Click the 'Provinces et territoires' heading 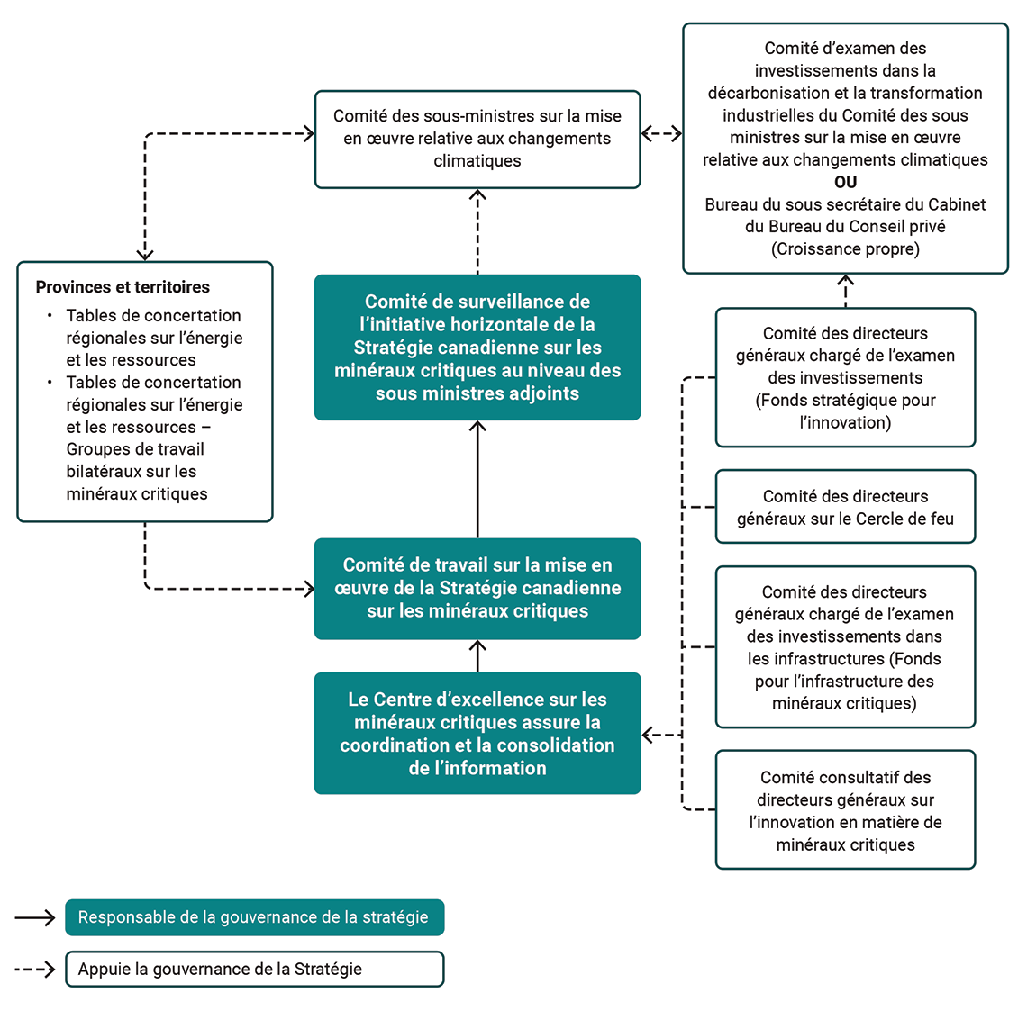point(123,287)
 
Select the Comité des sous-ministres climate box point(477,139)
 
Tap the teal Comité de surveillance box point(477,348)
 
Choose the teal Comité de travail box point(477,588)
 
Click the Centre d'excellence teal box point(477,733)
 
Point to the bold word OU point(845,182)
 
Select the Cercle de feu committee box point(845,507)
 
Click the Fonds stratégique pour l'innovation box point(845,377)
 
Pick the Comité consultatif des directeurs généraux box point(845,810)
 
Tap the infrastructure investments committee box point(845,647)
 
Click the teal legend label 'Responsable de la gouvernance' point(254,917)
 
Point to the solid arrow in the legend point(35,917)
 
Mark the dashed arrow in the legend point(35,970)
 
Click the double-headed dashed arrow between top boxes point(661,134)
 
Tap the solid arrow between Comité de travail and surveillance point(477,479)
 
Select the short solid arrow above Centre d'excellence point(477,656)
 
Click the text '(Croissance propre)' point(845,249)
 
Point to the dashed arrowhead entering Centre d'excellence point(650,736)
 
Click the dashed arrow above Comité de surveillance point(477,231)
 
